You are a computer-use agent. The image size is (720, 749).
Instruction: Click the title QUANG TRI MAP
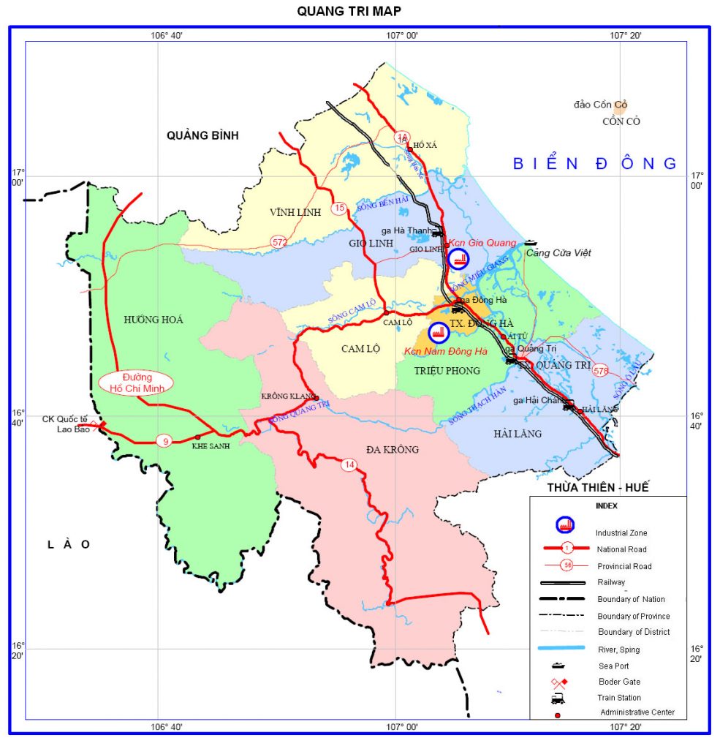[348, 10]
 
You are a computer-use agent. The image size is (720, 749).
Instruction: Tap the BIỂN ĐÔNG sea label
[595, 163]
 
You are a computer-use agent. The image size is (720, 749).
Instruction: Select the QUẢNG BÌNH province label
[202, 135]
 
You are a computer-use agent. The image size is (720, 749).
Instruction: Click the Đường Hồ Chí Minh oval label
[136, 383]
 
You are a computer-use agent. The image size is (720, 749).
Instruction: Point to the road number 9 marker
[164, 440]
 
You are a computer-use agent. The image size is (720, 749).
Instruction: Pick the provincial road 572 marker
[278, 241]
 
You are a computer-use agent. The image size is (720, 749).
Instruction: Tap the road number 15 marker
[338, 208]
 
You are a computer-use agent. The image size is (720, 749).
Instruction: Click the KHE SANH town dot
[197, 437]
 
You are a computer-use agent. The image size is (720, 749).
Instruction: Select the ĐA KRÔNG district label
[392, 449]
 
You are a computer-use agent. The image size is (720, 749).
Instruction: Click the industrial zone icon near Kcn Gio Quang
[458, 258]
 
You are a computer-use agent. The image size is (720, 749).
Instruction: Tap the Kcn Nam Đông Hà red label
[445, 352]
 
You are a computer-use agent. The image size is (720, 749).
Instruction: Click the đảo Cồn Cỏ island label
[600, 105]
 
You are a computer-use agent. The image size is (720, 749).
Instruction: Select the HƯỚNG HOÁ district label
[154, 320]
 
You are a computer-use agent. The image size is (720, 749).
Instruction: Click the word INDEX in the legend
[606, 505]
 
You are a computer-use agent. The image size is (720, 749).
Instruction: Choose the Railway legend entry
[611, 582]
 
